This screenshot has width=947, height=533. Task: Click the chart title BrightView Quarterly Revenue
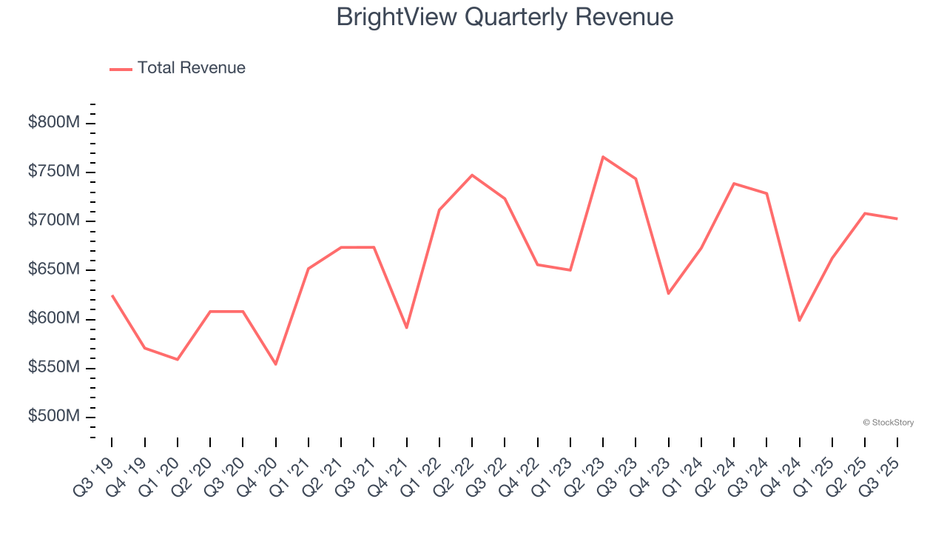(x=505, y=16)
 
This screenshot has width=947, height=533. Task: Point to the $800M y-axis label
(x=53, y=122)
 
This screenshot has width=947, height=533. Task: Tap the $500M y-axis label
(x=53, y=416)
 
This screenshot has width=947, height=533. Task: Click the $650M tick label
(x=53, y=269)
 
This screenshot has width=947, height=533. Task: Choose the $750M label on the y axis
(x=53, y=172)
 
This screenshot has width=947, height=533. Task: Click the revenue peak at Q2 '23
(x=603, y=157)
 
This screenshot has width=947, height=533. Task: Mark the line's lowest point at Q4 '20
(x=275, y=364)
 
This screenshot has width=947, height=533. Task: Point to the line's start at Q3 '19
(x=112, y=295)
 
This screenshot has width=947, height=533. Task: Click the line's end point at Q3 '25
(x=897, y=218)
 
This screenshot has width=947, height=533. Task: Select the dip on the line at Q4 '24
(x=799, y=321)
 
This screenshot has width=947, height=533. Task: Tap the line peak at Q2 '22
(x=472, y=175)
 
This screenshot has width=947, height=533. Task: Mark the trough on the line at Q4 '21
(x=406, y=327)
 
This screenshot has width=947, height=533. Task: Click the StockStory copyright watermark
(x=888, y=423)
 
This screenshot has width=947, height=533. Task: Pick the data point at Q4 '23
(x=668, y=294)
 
